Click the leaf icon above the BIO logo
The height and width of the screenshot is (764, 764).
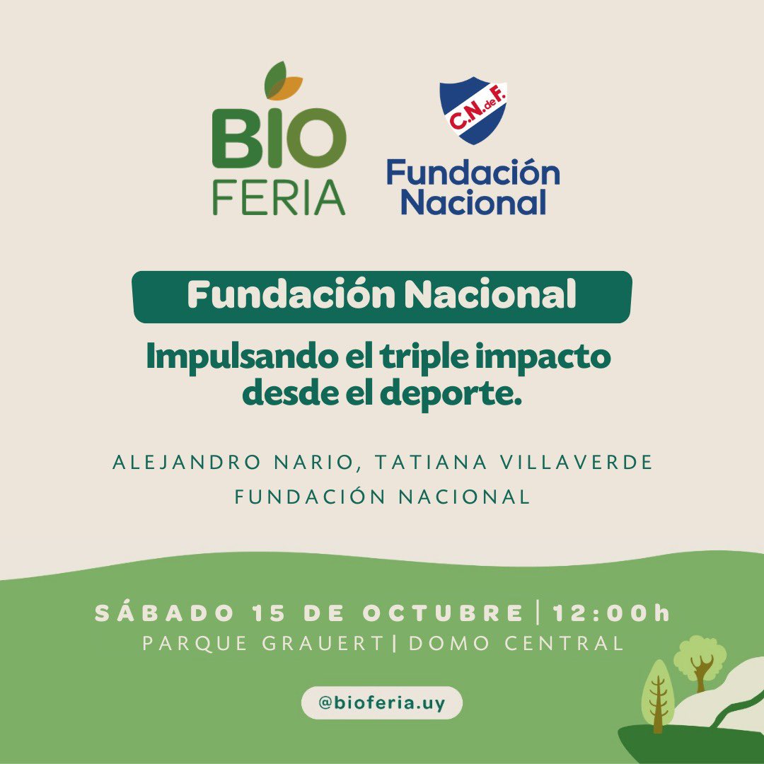pyautogui.click(x=283, y=82)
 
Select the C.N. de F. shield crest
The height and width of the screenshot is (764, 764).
pyautogui.click(x=473, y=111)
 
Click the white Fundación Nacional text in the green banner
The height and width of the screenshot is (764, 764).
pyautogui.click(x=381, y=296)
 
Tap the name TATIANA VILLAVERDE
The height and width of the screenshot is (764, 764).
pyautogui.click(x=513, y=463)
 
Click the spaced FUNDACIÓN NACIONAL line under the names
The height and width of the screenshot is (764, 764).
pyautogui.click(x=382, y=497)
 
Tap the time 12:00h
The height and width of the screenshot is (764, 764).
pyautogui.click(x=611, y=613)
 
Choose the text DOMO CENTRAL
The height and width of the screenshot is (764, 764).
pyautogui.click(x=516, y=644)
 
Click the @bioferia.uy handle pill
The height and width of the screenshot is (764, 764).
pyautogui.click(x=382, y=704)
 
